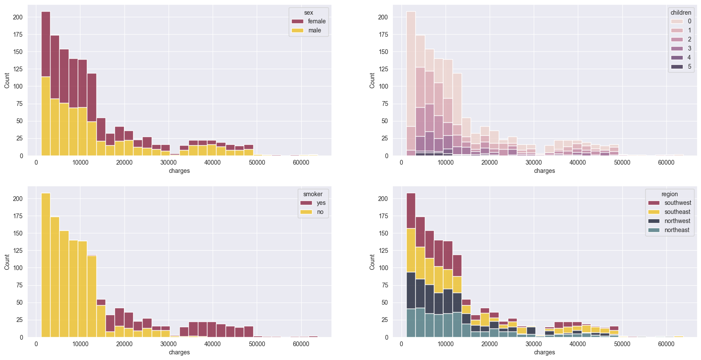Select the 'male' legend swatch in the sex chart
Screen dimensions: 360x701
coord(298,30)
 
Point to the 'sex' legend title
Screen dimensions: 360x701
coord(309,13)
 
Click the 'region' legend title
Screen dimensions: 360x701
coord(669,194)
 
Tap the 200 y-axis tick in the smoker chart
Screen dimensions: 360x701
coord(18,199)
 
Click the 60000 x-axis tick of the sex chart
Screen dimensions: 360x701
coord(301,162)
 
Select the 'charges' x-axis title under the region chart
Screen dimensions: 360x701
coord(544,352)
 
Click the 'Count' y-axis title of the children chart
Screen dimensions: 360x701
coord(372,80)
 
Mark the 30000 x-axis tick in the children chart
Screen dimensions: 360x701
coord(533,162)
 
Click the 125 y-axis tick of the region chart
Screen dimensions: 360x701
coord(383,251)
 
